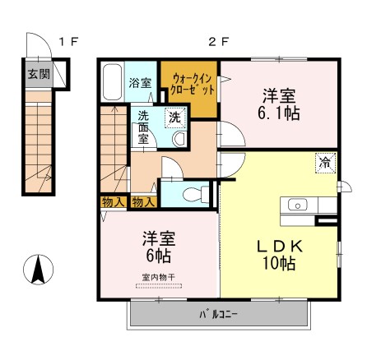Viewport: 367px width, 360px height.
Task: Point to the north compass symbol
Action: click(39, 268)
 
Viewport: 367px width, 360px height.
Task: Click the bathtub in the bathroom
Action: click(113, 82)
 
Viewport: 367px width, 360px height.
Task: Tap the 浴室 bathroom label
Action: click(141, 82)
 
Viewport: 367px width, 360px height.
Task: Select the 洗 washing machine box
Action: click(174, 117)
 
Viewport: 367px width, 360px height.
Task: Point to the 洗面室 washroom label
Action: click(142, 127)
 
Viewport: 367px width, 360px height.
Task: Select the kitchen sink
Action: click(297, 204)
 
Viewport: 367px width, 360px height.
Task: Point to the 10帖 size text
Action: click(278, 264)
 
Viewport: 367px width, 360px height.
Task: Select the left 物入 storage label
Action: click(112, 201)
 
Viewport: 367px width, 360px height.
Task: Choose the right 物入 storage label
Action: click(143, 201)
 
